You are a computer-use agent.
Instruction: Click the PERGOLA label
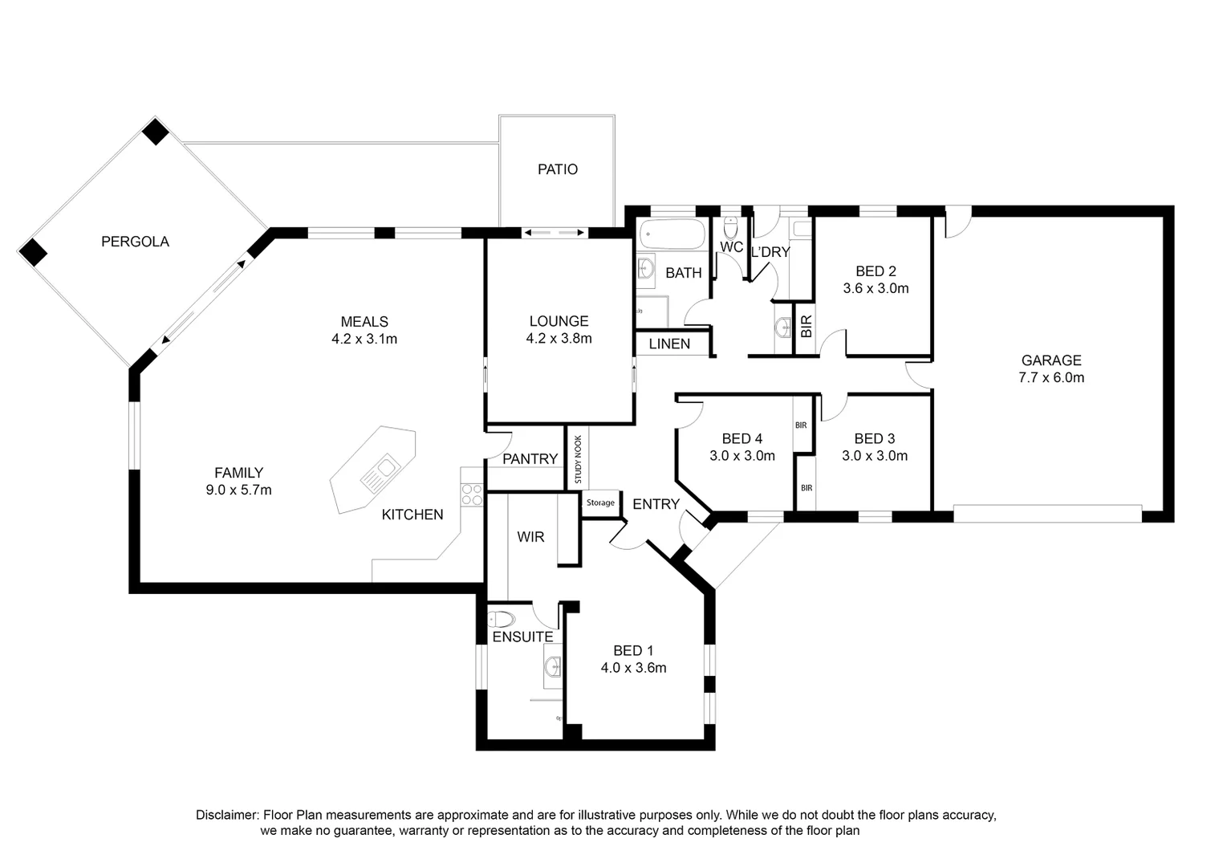pos(135,242)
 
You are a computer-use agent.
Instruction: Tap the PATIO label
pos(558,169)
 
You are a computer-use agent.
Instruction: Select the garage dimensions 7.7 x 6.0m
pos(1051,377)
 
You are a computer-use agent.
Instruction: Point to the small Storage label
pos(600,503)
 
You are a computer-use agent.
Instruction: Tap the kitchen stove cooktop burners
pos(472,495)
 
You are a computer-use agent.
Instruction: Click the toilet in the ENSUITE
pos(502,619)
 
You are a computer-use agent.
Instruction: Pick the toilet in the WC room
pos(730,224)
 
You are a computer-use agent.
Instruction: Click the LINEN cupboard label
pos(669,344)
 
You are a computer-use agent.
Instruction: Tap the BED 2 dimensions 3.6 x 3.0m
pos(876,288)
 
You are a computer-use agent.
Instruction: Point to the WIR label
pos(530,537)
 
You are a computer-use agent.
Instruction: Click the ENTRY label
pos(656,504)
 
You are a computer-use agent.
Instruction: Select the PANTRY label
pos(530,458)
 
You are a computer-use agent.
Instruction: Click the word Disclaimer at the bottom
pos(226,815)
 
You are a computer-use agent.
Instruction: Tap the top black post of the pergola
pos(156,131)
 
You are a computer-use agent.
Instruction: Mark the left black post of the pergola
pos(33,252)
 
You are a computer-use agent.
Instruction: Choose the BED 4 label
pos(742,438)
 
